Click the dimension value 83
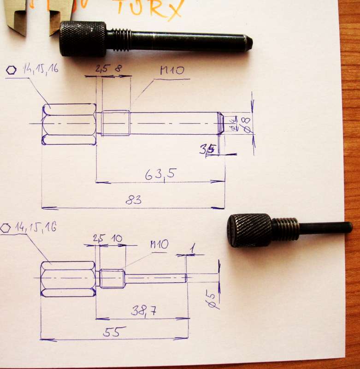click(133, 200)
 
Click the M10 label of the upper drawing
click(172, 71)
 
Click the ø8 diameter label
click(247, 125)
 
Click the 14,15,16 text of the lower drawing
click(35, 227)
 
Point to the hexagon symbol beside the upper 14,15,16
click(11, 70)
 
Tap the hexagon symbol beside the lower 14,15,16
click(6, 227)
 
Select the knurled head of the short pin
click(249, 230)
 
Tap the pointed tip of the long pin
click(248, 43)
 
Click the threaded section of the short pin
click(285, 229)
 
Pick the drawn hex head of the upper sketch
click(69, 124)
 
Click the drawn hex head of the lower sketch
click(68, 279)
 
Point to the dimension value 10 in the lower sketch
click(117, 238)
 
